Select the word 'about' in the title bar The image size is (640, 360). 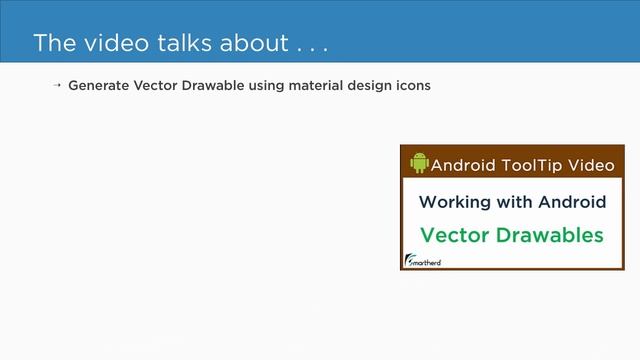pyautogui.click(x=252, y=44)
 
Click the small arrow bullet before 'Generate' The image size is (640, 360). pyautogui.click(x=57, y=86)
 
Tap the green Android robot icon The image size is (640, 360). pyautogui.click(x=419, y=163)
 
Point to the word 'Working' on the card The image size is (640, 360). pyautogui.click(x=454, y=202)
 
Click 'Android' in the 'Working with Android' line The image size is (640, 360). pyautogui.click(x=572, y=202)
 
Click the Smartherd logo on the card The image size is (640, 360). pyautogui.click(x=423, y=261)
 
